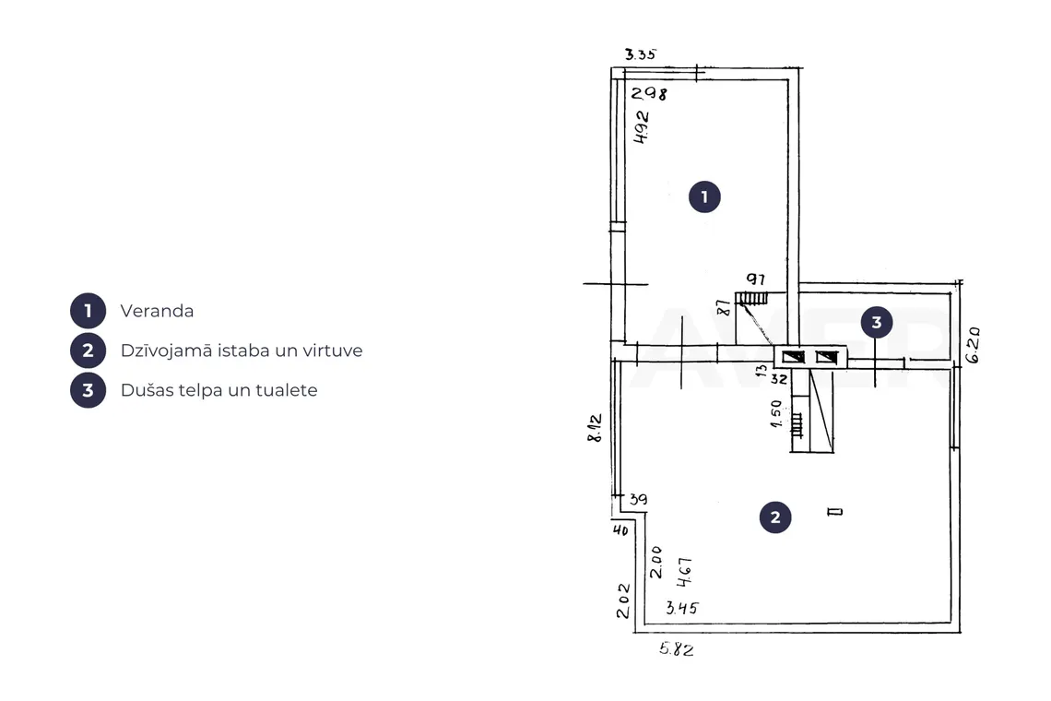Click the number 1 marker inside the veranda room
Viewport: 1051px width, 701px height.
[x=704, y=196]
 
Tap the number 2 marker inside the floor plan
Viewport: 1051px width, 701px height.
[x=775, y=517]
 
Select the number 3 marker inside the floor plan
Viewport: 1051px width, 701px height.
[x=877, y=323]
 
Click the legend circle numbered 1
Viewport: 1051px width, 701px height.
[x=88, y=311]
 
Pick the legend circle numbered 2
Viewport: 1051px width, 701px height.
[x=88, y=350]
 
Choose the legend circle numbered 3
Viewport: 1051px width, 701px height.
[x=88, y=390]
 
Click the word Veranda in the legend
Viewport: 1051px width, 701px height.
[x=157, y=311]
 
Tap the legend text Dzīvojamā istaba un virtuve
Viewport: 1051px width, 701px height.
[x=242, y=350]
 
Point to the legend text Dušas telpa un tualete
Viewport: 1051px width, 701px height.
[x=218, y=390]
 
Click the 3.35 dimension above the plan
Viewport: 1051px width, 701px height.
[x=640, y=54]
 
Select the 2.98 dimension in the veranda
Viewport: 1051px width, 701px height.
[x=649, y=93]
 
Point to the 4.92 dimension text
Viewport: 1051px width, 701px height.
[x=642, y=127]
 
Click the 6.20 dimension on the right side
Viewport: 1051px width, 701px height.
[x=974, y=345]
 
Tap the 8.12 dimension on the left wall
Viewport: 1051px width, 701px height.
[x=595, y=428]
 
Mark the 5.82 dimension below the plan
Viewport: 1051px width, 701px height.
[x=676, y=648]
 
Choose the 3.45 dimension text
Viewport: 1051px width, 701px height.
[x=681, y=608]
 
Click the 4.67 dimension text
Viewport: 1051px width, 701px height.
[x=684, y=572]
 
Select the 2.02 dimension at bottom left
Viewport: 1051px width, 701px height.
[x=623, y=600]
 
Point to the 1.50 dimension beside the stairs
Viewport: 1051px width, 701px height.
[x=776, y=414]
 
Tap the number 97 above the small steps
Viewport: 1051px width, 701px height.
[x=755, y=279]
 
